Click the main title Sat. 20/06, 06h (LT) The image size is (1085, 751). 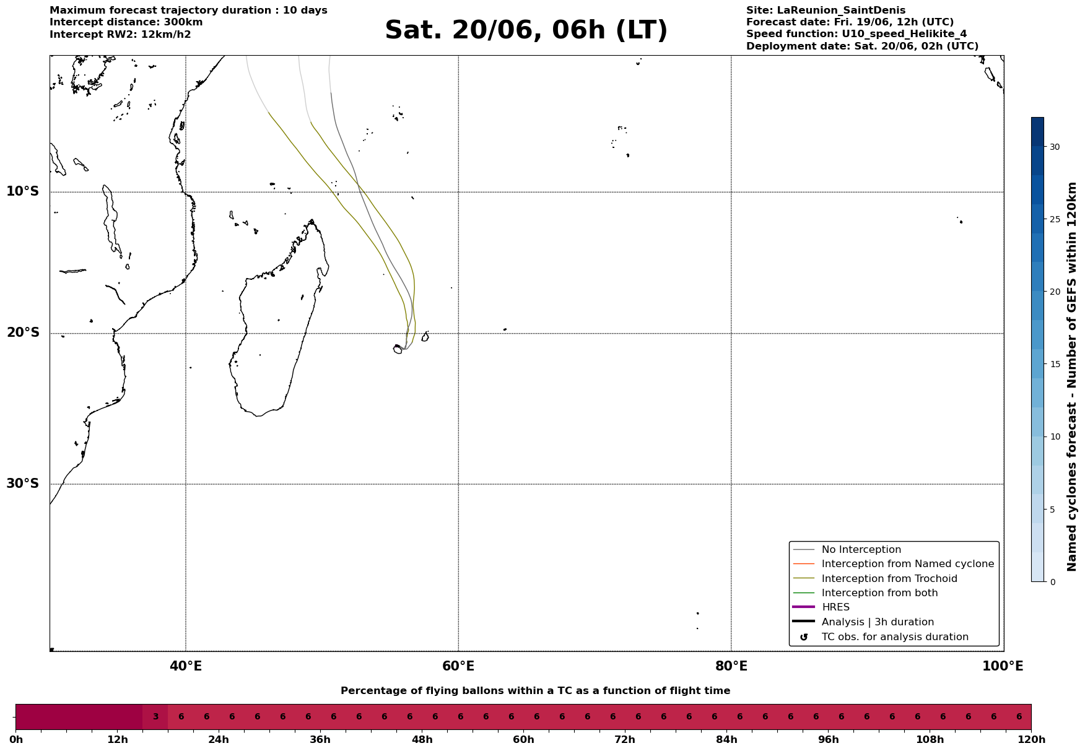[x=526, y=30]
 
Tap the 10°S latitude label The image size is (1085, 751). [x=23, y=191]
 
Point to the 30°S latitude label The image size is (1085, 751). [x=23, y=484]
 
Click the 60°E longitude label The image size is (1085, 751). [x=458, y=666]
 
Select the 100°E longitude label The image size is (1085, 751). [x=1003, y=666]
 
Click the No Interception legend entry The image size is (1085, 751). [x=861, y=550]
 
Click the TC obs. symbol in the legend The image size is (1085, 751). [x=804, y=637]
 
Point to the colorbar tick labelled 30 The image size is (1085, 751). [x=1054, y=147]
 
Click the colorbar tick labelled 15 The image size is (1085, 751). [x=1054, y=364]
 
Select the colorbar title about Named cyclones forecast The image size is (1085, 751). [x=1072, y=376]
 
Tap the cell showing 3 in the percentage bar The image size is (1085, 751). [x=155, y=717]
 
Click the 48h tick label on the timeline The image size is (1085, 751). [x=422, y=740]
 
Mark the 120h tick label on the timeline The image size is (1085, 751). [x=1031, y=740]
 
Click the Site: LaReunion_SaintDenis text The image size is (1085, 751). [x=826, y=11]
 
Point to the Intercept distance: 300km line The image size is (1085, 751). [x=126, y=22]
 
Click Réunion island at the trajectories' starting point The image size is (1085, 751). [x=398, y=349]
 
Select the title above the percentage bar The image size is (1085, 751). [x=535, y=691]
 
